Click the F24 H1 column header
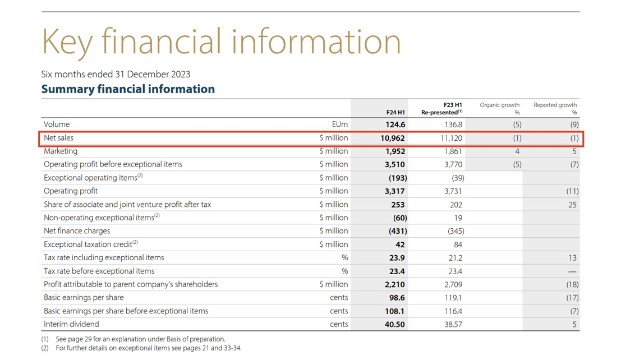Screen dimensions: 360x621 tap(395, 112)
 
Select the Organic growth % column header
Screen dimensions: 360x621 tap(500, 108)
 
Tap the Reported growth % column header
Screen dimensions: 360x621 tap(555, 108)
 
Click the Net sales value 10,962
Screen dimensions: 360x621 tap(392, 138)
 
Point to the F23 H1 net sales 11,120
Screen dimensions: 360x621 tap(450, 138)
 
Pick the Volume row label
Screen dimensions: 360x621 tap(57, 124)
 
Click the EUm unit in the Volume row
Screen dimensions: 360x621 tap(340, 124)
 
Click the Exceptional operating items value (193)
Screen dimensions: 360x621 tap(398, 178)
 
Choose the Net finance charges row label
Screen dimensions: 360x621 tap(77, 231)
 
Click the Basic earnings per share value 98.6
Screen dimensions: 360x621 tap(395, 298)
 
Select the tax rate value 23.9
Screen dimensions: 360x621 tap(397, 258)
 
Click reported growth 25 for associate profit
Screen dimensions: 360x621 tap(572, 205)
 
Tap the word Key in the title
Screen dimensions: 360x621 tap(68, 41)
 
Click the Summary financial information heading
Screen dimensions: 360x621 tap(128, 89)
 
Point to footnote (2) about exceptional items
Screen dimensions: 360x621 tap(149, 348)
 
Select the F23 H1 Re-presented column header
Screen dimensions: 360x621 tap(442, 109)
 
